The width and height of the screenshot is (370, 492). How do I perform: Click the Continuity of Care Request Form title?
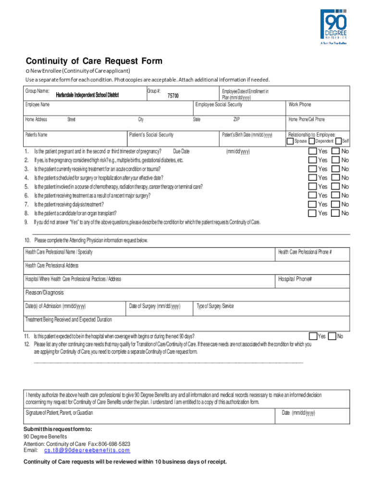(x=94, y=61)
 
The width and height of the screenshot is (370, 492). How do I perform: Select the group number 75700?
(x=173, y=96)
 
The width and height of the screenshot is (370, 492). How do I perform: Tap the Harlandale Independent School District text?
(x=87, y=95)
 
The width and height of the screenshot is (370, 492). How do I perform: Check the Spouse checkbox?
(x=290, y=141)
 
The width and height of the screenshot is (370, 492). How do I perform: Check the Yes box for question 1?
(x=312, y=151)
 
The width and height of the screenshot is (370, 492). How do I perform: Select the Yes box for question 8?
(x=312, y=213)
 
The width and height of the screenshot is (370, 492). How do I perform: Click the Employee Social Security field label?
(x=219, y=105)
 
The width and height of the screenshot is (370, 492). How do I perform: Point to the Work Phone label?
(x=299, y=105)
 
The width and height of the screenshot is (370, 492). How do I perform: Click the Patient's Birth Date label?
(x=247, y=135)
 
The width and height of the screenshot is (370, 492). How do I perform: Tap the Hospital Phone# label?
(x=295, y=279)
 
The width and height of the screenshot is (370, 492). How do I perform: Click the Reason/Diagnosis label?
(x=44, y=293)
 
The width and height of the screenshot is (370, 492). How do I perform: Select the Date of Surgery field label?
(x=155, y=306)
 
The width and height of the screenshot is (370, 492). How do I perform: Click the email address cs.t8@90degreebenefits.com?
(x=87, y=451)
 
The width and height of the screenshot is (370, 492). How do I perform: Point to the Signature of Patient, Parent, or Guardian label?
(x=59, y=413)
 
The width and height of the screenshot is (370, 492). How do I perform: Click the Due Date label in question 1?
(x=181, y=151)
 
